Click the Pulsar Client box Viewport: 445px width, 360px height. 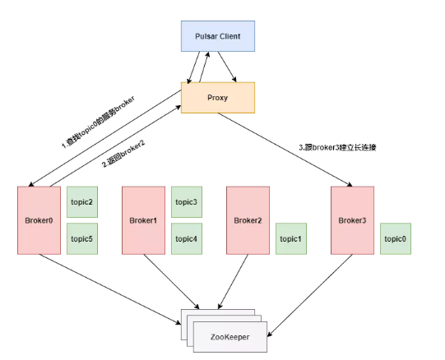point(218,36)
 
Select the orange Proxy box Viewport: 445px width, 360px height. point(218,98)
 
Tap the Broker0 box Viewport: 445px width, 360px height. point(39,220)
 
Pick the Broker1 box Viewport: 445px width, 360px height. point(143,220)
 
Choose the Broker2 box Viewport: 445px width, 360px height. point(248,220)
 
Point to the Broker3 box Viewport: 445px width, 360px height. point(352,220)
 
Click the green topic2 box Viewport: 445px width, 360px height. point(82,202)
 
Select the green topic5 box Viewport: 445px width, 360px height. point(82,238)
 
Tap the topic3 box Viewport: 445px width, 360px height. point(187,202)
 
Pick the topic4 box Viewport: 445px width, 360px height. point(187,238)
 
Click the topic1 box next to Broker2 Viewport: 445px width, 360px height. point(291,238)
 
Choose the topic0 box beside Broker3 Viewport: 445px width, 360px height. point(396,238)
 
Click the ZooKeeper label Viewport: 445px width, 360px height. point(229,337)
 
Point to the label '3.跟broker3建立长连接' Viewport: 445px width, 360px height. point(337,147)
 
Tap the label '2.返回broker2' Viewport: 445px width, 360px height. point(123,154)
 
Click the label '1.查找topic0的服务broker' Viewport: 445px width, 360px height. point(98,122)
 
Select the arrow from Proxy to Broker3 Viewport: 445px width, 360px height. point(285,150)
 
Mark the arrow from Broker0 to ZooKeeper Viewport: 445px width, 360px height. point(110,289)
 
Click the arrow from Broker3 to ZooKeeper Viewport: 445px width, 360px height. point(310,296)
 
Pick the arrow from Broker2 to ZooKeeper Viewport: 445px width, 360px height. point(233,282)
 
